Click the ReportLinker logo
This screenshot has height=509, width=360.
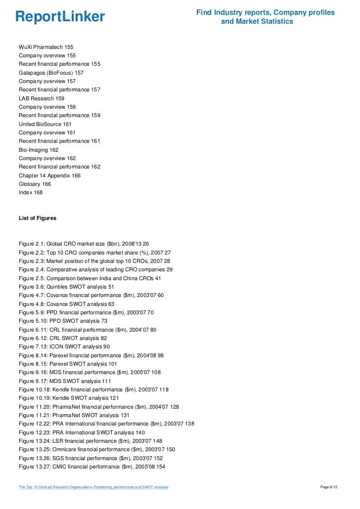coord(60,17)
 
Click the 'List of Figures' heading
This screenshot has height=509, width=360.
coord(38,218)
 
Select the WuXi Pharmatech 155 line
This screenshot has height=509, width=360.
coord(46,47)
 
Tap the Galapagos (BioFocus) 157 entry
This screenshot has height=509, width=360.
coord(51,73)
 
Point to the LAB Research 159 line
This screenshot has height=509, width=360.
coord(42,98)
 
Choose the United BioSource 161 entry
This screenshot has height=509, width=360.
coord(45,124)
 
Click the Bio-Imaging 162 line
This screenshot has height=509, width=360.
coord(39,150)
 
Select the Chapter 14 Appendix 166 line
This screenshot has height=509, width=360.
coord(49,175)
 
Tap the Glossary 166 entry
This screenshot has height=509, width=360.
coord(35,184)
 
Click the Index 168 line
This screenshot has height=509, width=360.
coord(31,192)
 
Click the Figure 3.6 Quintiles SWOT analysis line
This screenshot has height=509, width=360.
coord(66,287)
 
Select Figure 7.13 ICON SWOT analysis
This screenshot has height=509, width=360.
coord(64,346)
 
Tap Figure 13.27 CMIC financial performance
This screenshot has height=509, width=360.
coord(91,467)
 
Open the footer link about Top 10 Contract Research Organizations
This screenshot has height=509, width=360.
coord(93,487)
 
